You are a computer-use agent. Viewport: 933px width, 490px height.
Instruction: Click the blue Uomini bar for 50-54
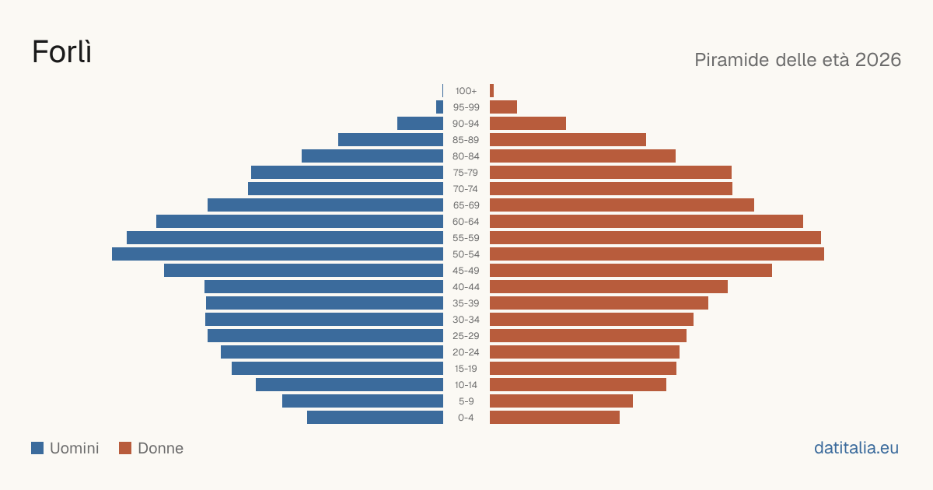278,254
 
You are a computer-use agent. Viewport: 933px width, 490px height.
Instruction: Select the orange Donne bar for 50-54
657,254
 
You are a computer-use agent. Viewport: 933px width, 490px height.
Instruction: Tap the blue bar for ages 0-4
376,418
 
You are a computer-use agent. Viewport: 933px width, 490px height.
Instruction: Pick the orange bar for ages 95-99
503,107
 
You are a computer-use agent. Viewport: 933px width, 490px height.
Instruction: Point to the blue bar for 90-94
421,124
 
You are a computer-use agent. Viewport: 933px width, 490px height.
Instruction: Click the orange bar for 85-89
568,139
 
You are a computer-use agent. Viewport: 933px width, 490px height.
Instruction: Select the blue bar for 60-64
300,221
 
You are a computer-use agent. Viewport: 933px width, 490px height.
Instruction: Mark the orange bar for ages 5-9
561,401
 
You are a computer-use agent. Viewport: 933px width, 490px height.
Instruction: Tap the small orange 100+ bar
491,91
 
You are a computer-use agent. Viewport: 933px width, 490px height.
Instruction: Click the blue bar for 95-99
440,107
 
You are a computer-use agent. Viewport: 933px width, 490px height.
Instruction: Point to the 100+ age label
466,91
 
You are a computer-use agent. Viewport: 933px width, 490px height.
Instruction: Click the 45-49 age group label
466,271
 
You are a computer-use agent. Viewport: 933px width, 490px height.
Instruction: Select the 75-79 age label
466,173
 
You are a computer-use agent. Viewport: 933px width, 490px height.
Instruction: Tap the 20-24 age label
466,352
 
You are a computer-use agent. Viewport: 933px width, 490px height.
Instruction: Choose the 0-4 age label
466,418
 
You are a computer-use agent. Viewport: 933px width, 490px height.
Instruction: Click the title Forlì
61,52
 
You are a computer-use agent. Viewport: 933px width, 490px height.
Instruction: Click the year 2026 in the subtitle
878,60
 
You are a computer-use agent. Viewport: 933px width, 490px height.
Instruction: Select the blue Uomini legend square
37,448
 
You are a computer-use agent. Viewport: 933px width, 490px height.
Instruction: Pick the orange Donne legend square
125,448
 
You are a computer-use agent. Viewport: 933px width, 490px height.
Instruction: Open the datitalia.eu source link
856,448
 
